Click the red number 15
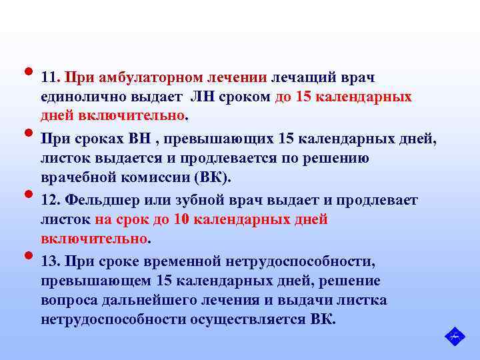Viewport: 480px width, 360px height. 303,97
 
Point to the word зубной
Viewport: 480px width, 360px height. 195,200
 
